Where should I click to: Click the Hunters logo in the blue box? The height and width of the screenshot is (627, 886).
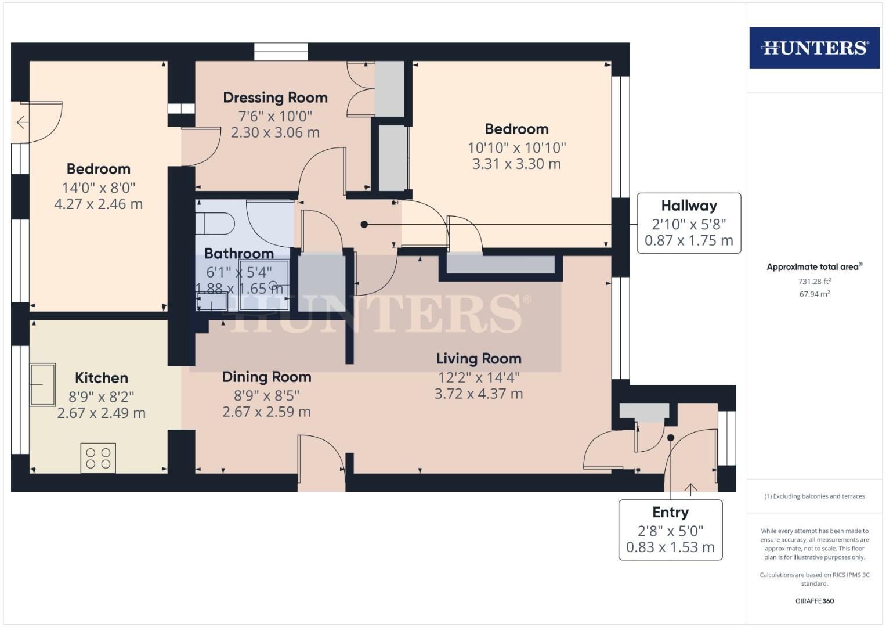point(815,48)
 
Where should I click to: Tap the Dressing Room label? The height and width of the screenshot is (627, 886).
point(275,98)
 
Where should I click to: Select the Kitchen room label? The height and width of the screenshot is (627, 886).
point(102,377)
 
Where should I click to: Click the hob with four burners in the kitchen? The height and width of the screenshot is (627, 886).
point(98,458)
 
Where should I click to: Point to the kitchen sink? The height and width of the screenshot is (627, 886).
point(43,384)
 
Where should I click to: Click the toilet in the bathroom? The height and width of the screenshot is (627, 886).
point(215,224)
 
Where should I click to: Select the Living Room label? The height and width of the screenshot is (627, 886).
point(479,359)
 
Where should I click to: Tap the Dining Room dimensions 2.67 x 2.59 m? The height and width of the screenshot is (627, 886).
point(266,412)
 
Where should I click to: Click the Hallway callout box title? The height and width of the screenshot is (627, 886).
point(689,206)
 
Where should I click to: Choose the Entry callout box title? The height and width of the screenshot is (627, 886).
point(670,512)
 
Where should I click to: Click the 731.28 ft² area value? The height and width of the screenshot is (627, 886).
point(815,281)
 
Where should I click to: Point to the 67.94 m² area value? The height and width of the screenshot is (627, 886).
point(815,294)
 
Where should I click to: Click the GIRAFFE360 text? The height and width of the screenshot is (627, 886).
point(815,601)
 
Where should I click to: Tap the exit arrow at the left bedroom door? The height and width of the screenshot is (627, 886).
point(23,122)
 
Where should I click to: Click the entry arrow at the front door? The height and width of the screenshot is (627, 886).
point(690,489)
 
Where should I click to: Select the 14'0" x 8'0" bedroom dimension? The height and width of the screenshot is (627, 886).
point(99,188)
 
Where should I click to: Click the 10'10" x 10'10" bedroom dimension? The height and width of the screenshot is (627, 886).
point(516,147)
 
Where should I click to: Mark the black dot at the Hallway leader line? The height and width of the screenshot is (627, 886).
point(364,225)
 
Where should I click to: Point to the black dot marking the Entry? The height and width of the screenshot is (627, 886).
point(671,438)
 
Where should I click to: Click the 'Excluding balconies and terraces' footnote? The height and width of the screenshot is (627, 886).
point(815,496)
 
